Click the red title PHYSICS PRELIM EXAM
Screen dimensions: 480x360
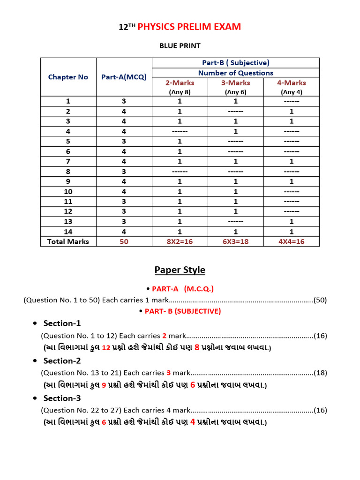click(189, 27)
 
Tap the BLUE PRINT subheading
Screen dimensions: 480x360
click(180, 46)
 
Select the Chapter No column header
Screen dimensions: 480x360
click(68, 77)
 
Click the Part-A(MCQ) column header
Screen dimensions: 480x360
click(124, 77)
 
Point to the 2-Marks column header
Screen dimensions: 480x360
click(180, 82)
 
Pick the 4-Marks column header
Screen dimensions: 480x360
click(292, 82)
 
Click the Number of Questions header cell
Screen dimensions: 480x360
click(235, 73)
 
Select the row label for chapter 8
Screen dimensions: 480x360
click(68, 171)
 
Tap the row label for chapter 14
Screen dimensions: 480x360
click(68, 231)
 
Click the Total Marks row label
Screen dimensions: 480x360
click(68, 241)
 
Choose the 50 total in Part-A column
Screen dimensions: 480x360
click(124, 241)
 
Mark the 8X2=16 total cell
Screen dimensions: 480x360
click(180, 241)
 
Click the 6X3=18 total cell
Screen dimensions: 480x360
click(235, 241)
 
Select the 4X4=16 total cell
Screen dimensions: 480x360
click(292, 241)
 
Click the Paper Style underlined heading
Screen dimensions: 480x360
click(180, 270)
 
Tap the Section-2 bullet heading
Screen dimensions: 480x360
click(62, 360)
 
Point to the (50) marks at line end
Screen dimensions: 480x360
click(320, 300)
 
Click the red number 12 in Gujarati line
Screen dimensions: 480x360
click(106, 348)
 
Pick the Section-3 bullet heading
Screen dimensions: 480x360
click(62, 398)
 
